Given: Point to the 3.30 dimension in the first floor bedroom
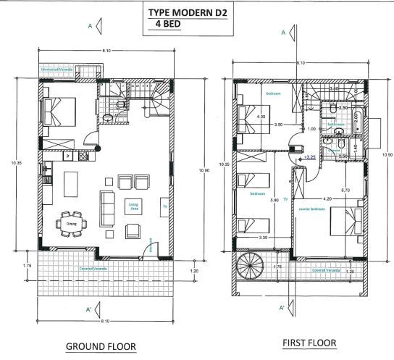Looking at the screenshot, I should [x=263, y=236].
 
